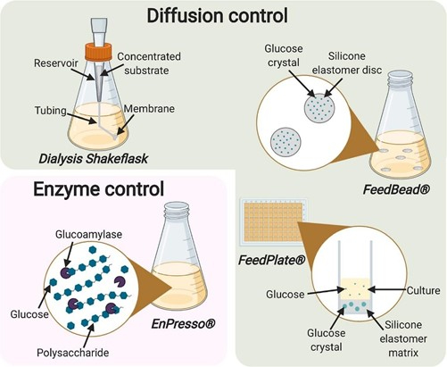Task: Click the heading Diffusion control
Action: [218, 15]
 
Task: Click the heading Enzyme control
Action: [98, 188]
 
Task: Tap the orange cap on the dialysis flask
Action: [98, 51]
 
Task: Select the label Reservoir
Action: [56, 63]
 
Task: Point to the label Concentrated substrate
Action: [149, 63]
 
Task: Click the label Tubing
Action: [51, 111]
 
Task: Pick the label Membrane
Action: [149, 109]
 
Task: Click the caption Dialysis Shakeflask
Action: [94, 159]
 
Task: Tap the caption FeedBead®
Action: [396, 189]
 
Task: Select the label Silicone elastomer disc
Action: [347, 63]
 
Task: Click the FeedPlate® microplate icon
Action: [274, 222]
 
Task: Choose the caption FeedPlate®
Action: [272, 260]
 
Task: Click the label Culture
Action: [423, 290]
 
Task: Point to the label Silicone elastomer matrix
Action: [403, 338]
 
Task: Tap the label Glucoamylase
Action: [88, 235]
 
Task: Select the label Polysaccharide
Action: [73, 353]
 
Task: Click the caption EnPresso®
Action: [183, 324]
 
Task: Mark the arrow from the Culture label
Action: [387, 289]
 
